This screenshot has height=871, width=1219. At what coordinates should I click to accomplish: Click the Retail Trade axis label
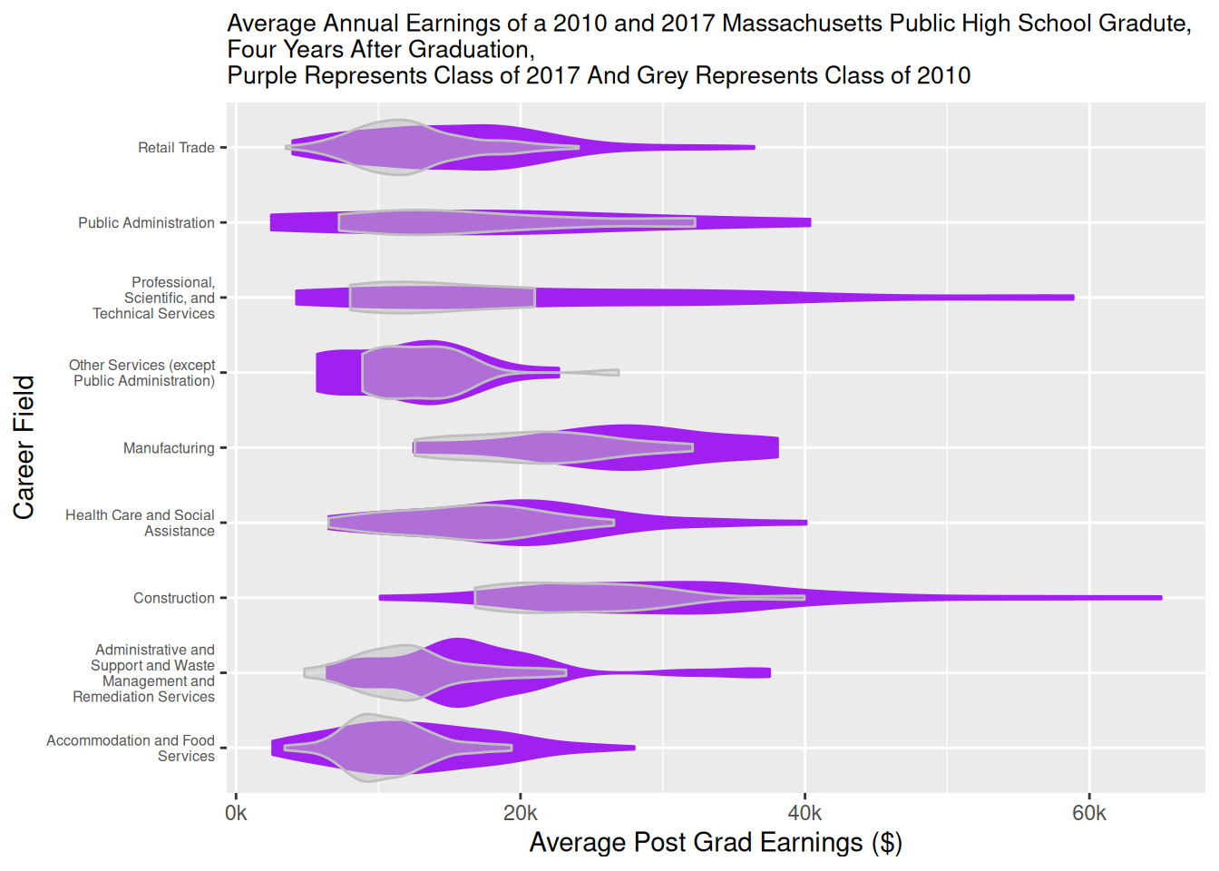pos(176,148)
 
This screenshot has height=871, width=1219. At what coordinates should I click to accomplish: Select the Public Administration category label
pos(146,223)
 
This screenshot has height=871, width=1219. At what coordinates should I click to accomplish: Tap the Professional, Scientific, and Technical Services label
pos(153,298)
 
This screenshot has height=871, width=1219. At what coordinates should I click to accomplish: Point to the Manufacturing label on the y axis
pos(169,448)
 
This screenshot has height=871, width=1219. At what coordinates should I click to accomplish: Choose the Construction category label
pos(173,599)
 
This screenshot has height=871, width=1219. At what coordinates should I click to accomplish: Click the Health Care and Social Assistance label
pos(140,524)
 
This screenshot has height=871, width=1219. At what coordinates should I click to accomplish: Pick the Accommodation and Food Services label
pos(131,749)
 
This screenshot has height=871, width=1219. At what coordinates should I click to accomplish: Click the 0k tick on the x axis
pos(236,814)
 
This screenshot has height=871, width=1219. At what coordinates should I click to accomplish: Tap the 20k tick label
pos(521,814)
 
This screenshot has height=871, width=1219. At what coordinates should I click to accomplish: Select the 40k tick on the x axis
pos(805,814)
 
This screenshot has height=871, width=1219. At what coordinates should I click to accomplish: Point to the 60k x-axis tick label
pos(1089,814)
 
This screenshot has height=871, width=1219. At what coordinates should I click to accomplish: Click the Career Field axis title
pos(24,447)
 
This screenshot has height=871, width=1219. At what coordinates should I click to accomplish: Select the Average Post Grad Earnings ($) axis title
pos(715,843)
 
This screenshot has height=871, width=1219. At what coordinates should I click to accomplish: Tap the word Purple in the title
pos(262,75)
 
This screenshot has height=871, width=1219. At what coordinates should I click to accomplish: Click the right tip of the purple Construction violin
pos(1160,598)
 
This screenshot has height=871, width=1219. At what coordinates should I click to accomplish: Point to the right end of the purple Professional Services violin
pos(1072,298)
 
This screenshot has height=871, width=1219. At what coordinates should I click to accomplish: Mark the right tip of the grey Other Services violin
pos(618,372)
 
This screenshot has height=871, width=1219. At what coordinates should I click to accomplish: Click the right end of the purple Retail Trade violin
pos(753,147)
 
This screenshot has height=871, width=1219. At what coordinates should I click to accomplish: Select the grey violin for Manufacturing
pos(544,447)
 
